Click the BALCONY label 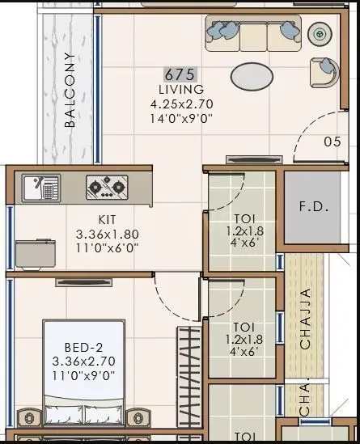[x=70, y=91]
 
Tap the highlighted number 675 [x=180, y=74]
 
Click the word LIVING [x=180, y=89]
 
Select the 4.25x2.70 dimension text [x=181, y=104]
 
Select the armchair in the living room [x=324, y=71]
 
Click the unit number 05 [x=332, y=142]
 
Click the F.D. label [x=313, y=206]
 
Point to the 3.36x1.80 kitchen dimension [x=108, y=235]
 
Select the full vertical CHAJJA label [x=305, y=319]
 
